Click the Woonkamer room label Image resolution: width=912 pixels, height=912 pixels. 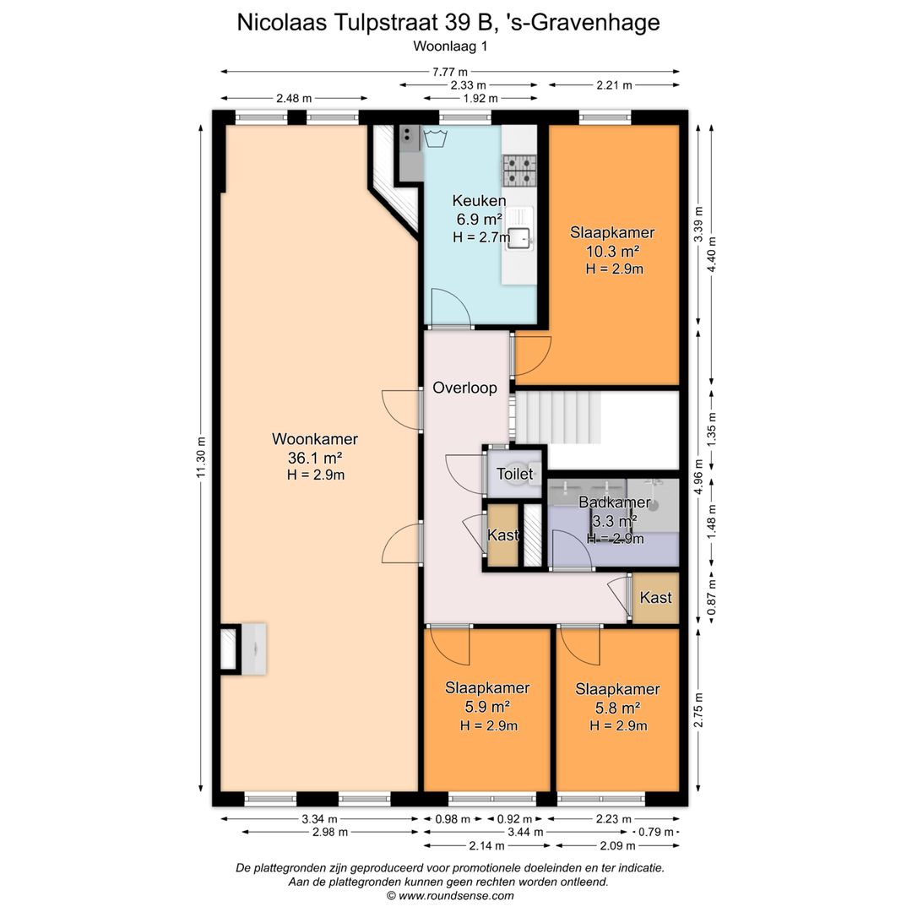pos(315,438)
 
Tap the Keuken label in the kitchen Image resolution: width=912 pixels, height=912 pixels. pos(479,201)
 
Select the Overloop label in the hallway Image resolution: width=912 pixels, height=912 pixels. pos(464,388)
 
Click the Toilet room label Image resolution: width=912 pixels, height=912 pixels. pos(515,474)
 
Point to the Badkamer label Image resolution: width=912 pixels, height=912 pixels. pos(614,502)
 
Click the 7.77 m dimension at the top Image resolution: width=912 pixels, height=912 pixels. pos(449,72)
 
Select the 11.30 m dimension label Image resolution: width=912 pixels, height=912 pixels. pos(201,457)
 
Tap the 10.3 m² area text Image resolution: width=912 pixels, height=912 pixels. pos(612,252)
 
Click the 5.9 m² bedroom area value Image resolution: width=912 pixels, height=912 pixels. pos(487,707)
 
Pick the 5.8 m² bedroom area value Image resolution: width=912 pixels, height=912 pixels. pos(617,708)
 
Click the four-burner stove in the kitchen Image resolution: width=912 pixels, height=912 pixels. pos(519,171)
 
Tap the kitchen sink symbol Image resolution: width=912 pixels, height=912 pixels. pos(519,236)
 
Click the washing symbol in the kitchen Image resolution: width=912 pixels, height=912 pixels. pos(435,138)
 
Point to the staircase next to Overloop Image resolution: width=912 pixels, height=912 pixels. pos(558,417)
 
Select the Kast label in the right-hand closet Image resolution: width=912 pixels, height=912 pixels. pos(655,597)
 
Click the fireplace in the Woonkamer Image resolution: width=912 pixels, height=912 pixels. pos(244,649)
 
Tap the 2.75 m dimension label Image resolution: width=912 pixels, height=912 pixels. pos(698,709)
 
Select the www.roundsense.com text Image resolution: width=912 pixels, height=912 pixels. pos(456,896)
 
